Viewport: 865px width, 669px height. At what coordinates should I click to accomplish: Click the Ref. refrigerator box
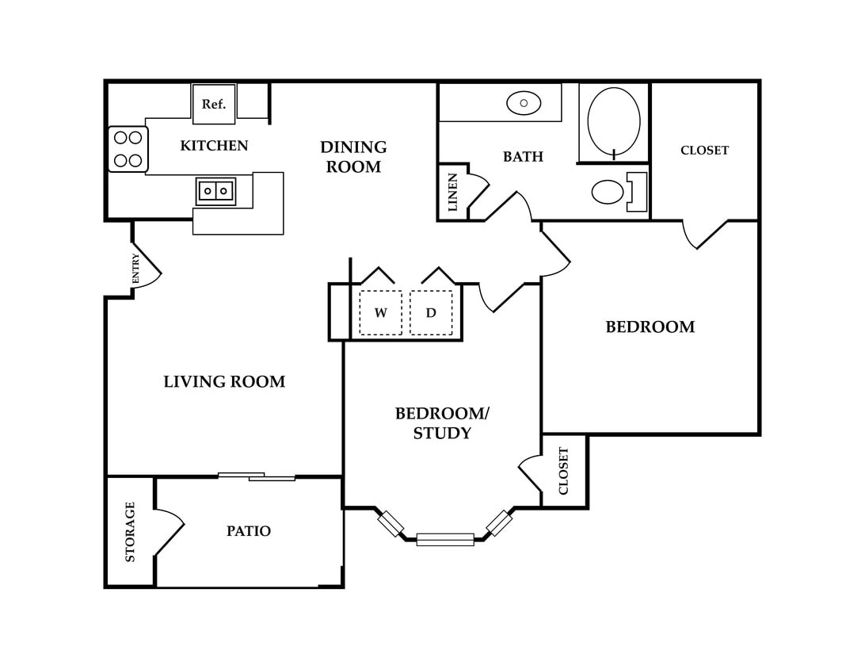(214, 104)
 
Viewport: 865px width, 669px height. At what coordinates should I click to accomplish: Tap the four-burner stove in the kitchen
(128, 149)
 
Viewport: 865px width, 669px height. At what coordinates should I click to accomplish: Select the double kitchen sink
(215, 191)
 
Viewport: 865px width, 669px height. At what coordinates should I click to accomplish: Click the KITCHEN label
(214, 146)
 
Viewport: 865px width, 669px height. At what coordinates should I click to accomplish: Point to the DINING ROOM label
(353, 157)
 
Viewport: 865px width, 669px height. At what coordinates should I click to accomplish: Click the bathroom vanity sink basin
(524, 103)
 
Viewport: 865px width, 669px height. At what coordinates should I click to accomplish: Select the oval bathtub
(614, 121)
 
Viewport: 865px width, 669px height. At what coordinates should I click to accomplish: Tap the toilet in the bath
(619, 192)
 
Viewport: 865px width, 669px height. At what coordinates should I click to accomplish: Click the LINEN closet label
(453, 192)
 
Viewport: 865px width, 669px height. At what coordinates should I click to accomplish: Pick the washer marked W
(381, 313)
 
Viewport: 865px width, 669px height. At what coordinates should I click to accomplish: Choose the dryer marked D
(431, 313)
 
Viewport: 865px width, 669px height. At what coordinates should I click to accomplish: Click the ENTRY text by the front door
(135, 269)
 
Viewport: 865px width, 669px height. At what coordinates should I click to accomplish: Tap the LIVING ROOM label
(224, 382)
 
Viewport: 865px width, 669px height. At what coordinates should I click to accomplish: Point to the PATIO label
(249, 531)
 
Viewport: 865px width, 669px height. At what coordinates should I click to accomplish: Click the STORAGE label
(130, 532)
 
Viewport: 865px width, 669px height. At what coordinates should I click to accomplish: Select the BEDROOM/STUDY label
(443, 423)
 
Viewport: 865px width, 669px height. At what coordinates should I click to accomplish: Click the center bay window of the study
(445, 539)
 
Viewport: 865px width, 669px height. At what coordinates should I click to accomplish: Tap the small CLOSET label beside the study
(563, 471)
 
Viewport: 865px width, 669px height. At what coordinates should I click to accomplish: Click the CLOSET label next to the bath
(704, 150)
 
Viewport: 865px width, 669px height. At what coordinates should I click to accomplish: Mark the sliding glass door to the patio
(257, 476)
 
